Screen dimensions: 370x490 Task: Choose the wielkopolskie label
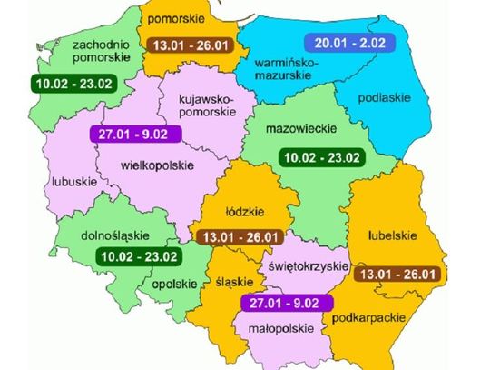coord(162,165)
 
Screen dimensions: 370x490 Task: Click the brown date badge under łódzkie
coord(237,235)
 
